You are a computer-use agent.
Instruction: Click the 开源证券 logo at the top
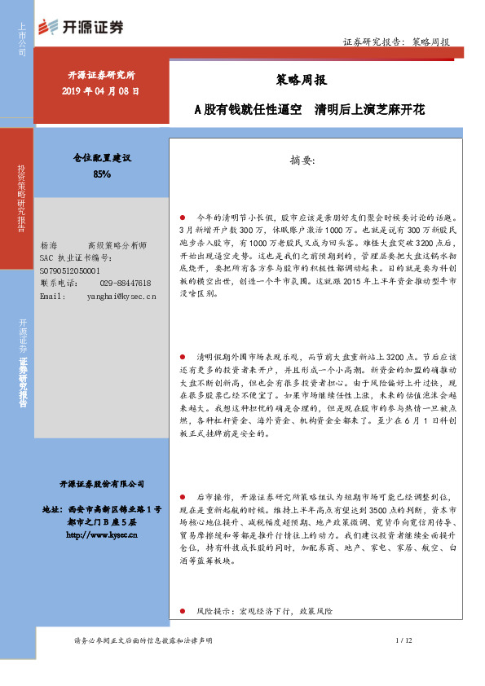pos(82,27)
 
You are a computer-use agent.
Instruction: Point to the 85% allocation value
pos(102,174)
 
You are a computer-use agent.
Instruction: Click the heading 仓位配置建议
pos(102,160)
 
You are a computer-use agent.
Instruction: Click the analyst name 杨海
pos(48,245)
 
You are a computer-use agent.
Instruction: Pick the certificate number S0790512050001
pos(69,270)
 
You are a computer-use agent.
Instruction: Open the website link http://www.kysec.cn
pos(102,535)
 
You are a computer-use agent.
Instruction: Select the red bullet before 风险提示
pos(183,610)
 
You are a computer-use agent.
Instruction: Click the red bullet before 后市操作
pos(183,495)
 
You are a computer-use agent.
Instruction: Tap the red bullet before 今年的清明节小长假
pos(183,218)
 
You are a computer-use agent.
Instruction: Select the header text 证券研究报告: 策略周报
pos(396,41)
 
